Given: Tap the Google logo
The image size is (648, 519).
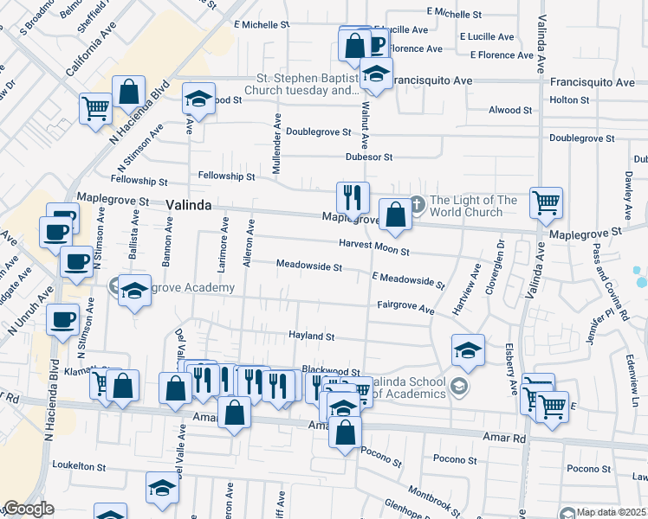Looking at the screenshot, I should point(29,509).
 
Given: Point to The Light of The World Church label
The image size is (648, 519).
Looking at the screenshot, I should point(473,206).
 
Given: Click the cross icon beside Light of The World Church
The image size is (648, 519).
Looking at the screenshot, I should point(417,205).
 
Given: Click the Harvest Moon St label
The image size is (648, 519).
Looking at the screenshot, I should point(373,245).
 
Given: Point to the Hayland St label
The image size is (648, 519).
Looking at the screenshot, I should point(311,336).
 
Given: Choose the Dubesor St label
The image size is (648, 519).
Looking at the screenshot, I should point(369,157).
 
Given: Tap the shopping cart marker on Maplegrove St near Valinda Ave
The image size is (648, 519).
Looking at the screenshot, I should point(546,203).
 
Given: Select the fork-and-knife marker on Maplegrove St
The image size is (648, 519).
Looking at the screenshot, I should point(353,197).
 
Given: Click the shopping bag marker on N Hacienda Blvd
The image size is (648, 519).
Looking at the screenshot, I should point(128,92).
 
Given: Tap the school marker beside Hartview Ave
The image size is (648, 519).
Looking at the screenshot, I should point(468,349).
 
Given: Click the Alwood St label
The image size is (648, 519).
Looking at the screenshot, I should point(510,111).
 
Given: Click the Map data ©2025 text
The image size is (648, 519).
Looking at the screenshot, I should point(612,512).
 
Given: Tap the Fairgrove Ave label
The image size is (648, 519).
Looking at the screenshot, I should point(405,307).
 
